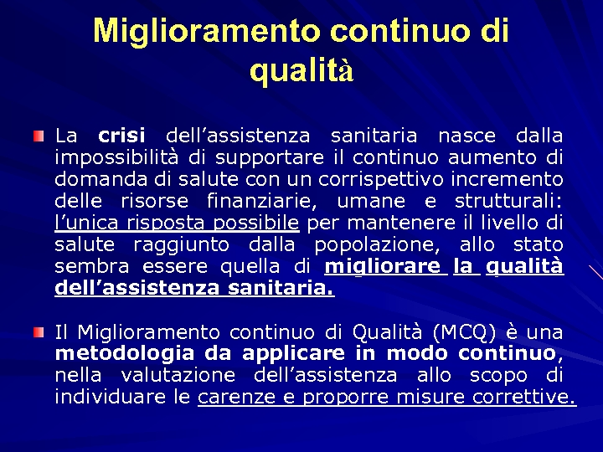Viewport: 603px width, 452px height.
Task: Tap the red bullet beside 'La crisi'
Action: point(39,135)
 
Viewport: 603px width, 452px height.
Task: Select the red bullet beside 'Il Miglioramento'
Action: point(39,332)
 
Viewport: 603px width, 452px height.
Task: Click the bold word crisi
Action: point(121,135)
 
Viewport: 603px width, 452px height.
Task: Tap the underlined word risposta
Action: point(165,223)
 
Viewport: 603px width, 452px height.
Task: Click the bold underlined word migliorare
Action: point(382,266)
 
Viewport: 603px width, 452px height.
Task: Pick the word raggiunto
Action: point(179,244)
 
